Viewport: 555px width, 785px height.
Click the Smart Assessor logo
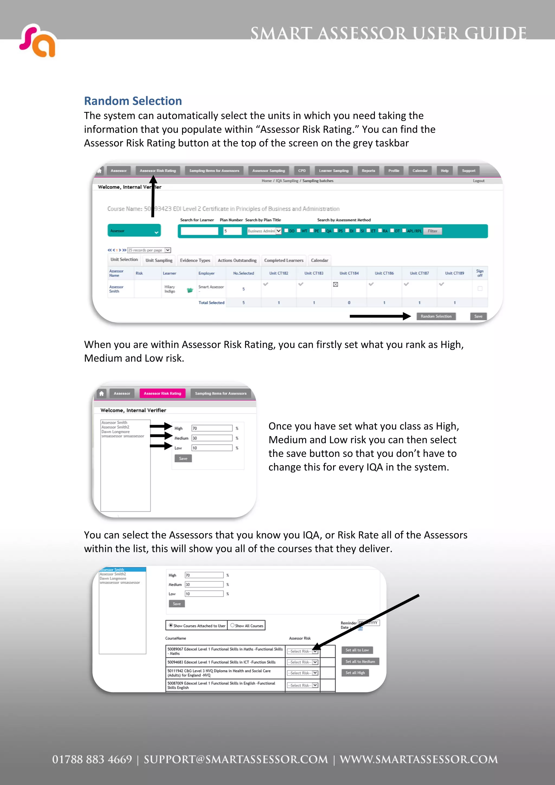[38, 41]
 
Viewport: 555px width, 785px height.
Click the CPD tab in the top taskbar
[302, 171]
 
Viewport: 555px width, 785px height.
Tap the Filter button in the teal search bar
[432, 231]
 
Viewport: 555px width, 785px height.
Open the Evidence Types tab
[195, 260]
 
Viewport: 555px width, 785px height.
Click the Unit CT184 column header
[349, 273]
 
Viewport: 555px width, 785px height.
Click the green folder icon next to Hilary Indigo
[190, 290]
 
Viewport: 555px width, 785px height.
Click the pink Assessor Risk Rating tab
[162, 394]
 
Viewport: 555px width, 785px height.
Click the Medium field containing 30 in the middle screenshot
[212, 438]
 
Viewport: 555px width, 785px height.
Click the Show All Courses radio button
[233, 625]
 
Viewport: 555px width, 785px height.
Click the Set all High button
[355, 673]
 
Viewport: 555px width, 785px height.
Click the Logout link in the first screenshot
[478, 181]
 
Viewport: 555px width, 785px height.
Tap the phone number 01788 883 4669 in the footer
[92, 759]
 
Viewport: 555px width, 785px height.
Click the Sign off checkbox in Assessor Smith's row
[480, 288]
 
